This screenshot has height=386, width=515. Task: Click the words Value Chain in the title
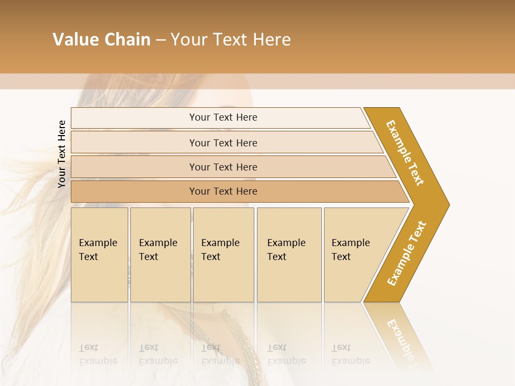(x=101, y=40)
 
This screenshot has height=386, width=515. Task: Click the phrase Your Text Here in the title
(x=231, y=40)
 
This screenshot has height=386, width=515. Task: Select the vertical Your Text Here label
(x=62, y=154)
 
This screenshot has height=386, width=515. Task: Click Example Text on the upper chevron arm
(x=405, y=153)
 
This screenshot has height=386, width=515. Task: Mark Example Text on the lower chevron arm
(x=407, y=253)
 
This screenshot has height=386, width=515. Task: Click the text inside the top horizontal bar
(x=223, y=117)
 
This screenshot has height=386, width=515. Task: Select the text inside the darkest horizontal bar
(x=223, y=191)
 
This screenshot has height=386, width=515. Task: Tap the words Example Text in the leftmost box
(x=98, y=249)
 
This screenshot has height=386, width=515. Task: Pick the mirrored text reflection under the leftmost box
(x=98, y=354)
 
